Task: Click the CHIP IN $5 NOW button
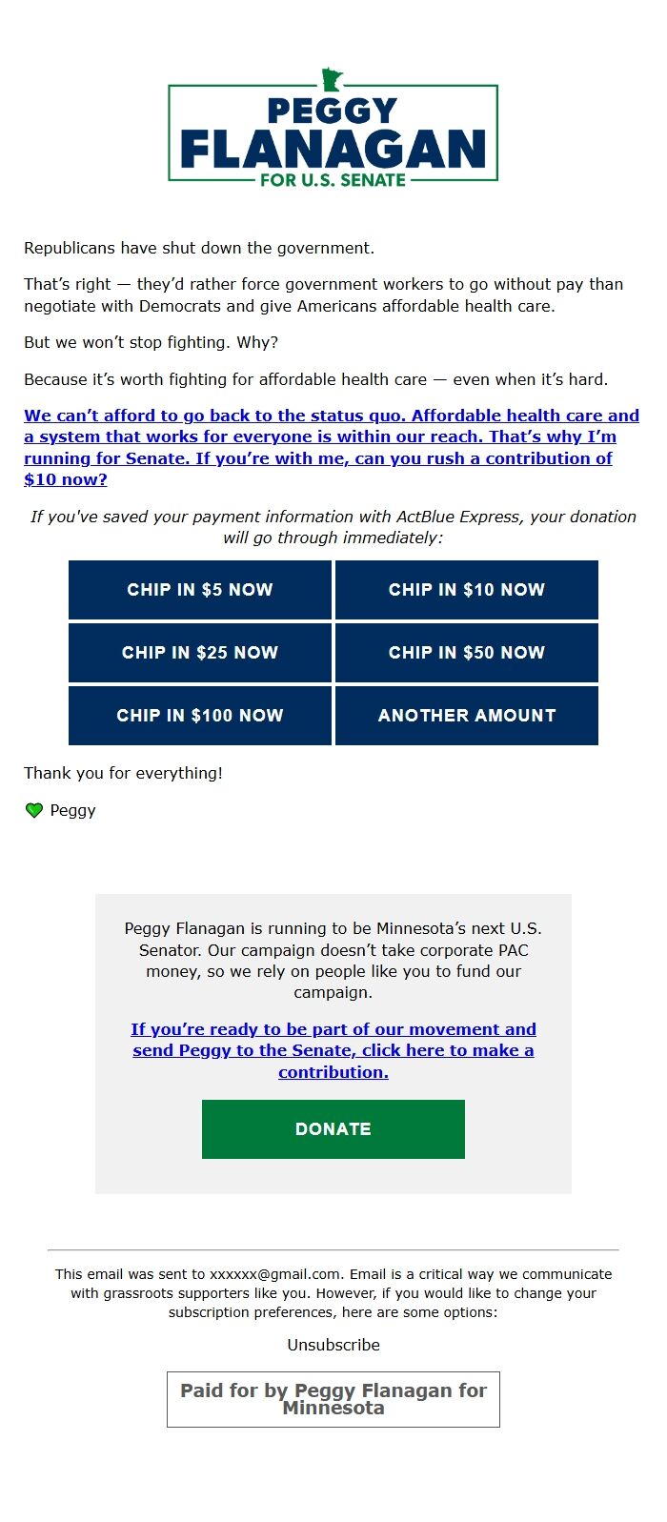pos(200,590)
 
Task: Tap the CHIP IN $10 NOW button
pos(467,590)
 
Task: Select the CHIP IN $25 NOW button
pos(200,653)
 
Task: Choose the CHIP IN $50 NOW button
pos(467,653)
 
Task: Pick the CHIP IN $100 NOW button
pos(200,716)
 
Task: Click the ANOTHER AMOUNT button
pos(467,716)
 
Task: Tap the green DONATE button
pos(333,1129)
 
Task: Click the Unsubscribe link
pos(333,1345)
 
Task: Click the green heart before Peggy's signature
pos(34,810)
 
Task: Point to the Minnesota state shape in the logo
pos(332,80)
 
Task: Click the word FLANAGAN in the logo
pos(333,150)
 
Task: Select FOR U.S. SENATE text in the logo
pos(333,179)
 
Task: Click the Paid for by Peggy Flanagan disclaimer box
pos(333,1399)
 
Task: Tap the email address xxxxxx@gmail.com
pos(274,1274)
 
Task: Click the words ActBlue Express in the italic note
pos(462,517)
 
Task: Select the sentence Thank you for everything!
pos(123,773)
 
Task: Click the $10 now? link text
pos(66,479)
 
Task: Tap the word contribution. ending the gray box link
pos(333,1072)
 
